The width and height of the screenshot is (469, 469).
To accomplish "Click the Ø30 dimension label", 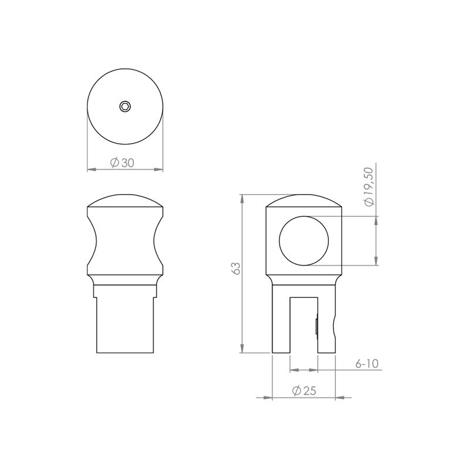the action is [x=122, y=163].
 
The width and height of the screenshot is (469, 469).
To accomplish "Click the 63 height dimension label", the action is [x=236, y=269].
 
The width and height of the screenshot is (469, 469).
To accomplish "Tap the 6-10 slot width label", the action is [x=367, y=363].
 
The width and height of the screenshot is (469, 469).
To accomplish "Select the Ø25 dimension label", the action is [x=304, y=390].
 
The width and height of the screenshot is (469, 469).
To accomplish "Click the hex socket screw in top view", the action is [x=125, y=106].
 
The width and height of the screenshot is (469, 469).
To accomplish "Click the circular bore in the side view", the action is [x=304, y=240].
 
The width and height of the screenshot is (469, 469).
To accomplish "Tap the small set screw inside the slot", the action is [x=317, y=327].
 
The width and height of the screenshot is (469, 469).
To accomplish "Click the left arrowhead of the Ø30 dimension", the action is [x=91, y=169].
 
